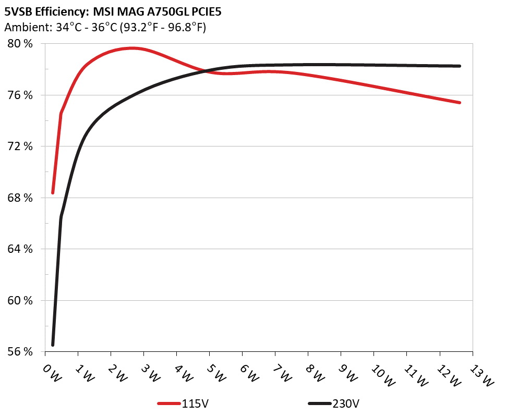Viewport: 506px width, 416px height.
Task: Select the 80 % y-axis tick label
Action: tap(20, 44)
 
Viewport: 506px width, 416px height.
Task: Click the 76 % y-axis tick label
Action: tap(20, 95)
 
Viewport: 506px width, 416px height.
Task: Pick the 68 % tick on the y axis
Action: tap(20, 198)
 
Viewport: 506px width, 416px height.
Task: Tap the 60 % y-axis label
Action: tap(20, 301)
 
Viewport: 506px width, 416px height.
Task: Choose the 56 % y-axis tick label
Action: tap(20, 352)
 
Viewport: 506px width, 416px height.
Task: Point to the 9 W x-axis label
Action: tap(348, 372)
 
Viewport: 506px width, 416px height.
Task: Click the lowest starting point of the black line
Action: tap(53, 345)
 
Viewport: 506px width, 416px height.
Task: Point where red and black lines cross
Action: tap(207, 71)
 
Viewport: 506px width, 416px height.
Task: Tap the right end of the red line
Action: tap(460, 103)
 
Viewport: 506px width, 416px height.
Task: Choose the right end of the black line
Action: tap(460, 66)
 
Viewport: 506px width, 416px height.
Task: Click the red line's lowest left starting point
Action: tap(53, 193)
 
